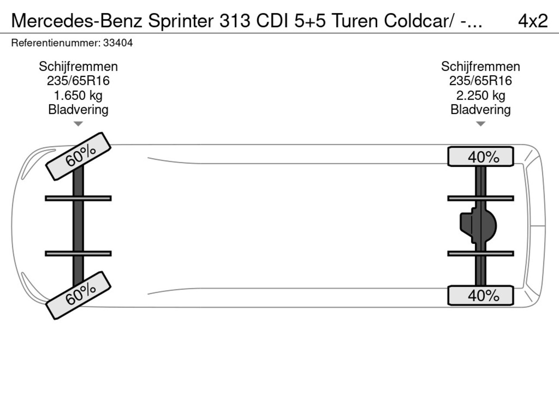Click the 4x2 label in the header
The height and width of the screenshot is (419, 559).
[533, 21]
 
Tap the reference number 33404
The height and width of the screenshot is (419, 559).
[118, 43]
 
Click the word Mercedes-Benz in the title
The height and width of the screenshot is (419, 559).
[77, 21]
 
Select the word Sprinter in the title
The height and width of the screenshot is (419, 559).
[181, 21]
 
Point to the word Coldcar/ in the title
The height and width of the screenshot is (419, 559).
[419, 21]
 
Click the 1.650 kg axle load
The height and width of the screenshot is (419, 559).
[78, 96]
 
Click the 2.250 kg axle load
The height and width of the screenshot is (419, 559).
[480, 96]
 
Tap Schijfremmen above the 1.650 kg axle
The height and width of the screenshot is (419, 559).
[78, 67]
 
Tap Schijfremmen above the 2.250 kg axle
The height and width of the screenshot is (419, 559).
[480, 67]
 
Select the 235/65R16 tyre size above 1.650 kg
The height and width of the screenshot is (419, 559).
[78, 81]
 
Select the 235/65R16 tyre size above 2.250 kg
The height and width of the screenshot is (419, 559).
[480, 81]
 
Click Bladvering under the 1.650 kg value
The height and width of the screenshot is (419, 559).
[78, 110]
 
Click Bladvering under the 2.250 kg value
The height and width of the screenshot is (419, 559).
[480, 110]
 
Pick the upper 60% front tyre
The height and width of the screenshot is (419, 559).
[78, 156]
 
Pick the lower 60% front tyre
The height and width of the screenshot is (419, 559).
[78, 295]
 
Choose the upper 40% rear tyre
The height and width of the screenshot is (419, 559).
[480, 156]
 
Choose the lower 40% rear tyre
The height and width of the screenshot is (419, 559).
[480, 295]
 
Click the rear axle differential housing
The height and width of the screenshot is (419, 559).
[478, 226]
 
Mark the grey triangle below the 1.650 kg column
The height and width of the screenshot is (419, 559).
[78, 124]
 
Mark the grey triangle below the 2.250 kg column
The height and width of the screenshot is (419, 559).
[480, 124]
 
